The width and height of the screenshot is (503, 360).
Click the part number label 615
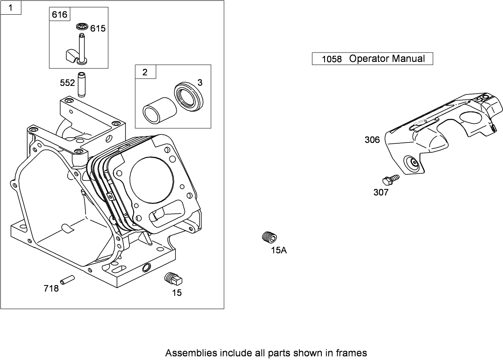coord(98,28)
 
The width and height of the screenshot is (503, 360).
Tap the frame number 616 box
coord(59,15)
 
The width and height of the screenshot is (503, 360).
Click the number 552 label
coord(67,83)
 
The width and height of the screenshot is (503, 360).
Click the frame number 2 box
coord(145,72)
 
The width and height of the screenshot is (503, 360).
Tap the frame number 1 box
coord(11,8)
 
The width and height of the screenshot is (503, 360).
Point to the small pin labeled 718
coord(67,280)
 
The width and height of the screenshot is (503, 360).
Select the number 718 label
coord(51,289)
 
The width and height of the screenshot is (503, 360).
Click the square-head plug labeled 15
coord(174,279)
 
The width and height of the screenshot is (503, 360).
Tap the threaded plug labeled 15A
coord(269,237)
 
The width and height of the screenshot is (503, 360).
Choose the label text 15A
coord(279,250)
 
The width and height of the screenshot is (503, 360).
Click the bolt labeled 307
coord(390,180)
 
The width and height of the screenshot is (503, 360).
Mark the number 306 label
coord(372,140)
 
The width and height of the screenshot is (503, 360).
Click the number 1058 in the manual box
coord(332,59)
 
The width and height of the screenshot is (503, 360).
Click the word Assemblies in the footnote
coord(190,353)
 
